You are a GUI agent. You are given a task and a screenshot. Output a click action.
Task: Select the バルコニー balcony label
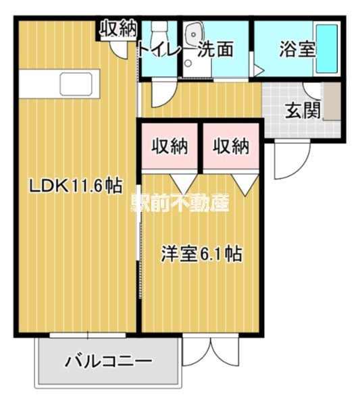pos(108,361)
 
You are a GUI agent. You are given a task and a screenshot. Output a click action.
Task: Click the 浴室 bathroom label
pos(297,49)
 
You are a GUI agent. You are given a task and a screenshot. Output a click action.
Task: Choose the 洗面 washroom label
pos(216,49)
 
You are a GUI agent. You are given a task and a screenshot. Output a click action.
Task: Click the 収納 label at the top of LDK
pos(119,28)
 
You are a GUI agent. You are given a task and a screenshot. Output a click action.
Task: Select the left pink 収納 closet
pos(169,145)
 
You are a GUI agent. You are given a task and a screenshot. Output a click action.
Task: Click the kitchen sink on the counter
pos(76,84)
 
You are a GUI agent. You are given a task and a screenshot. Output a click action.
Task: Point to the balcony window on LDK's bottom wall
pos(88,335)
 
